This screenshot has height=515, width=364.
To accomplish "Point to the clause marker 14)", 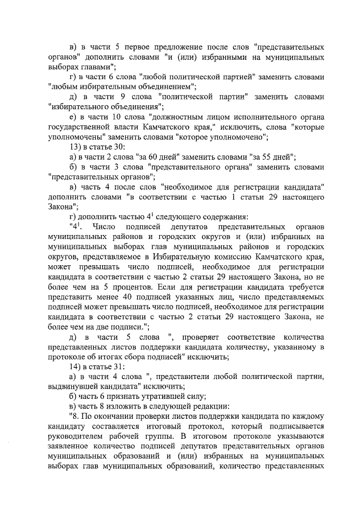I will point(74,367).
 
